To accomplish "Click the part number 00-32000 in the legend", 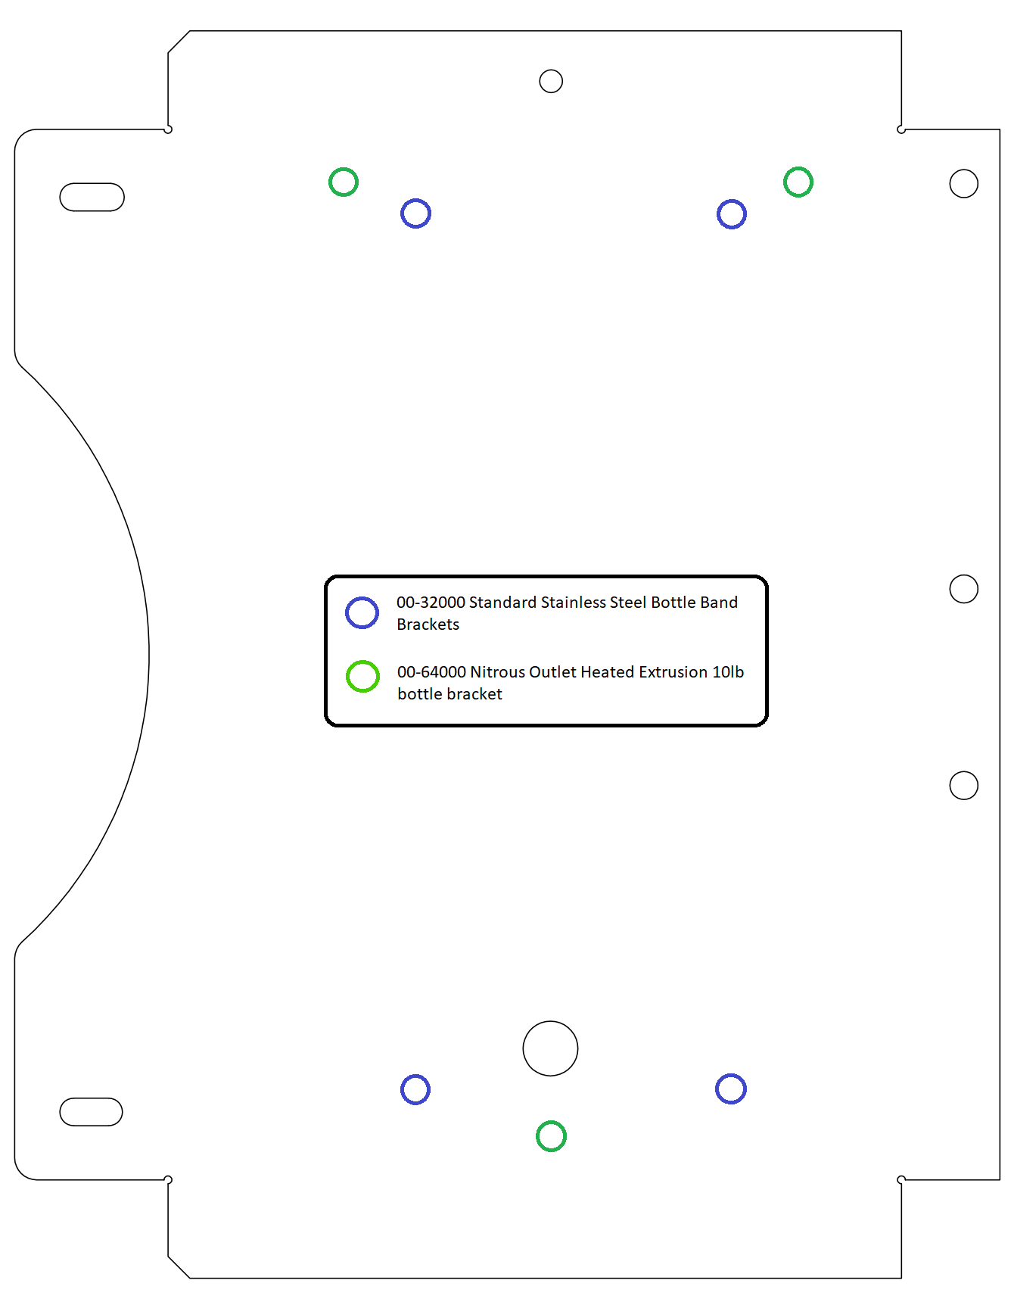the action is click(x=431, y=603).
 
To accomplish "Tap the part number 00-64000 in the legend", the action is click(x=431, y=672).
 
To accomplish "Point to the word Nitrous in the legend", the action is click(x=497, y=672).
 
